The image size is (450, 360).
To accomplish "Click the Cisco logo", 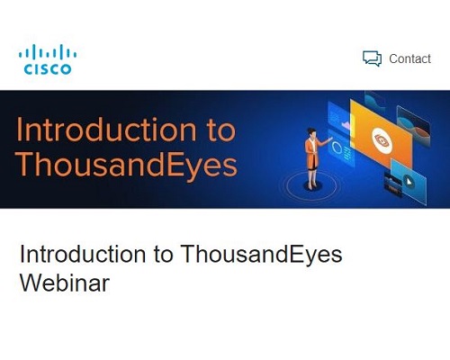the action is click(48, 59).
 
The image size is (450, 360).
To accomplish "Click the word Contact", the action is click(409, 58).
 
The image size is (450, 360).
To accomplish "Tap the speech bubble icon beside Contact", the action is click(372, 58).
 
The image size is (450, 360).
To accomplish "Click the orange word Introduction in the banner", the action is click(106, 130).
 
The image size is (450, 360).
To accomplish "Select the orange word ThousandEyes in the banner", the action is click(127, 165).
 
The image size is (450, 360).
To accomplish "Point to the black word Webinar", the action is click(65, 283).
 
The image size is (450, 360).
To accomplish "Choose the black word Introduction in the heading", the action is click(83, 254).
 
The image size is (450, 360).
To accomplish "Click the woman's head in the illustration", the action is click(311, 132).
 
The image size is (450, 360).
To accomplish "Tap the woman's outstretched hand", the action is click(330, 139).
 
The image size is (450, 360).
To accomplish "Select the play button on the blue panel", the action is click(409, 181).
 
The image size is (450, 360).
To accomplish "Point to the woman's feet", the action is click(312, 186).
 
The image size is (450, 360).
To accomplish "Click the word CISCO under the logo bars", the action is click(48, 69).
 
